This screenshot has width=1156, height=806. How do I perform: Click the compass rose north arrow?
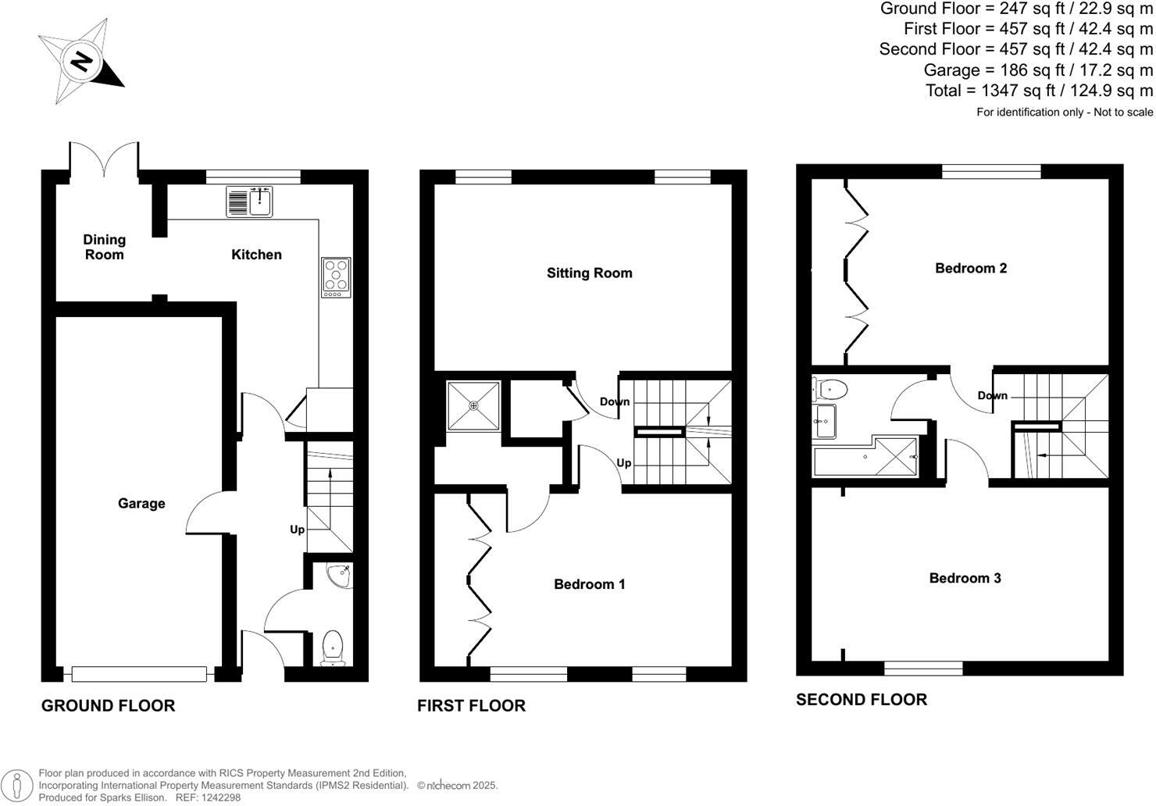pyautogui.click(x=81, y=60)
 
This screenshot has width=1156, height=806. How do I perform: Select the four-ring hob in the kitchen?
pyautogui.click(x=337, y=277)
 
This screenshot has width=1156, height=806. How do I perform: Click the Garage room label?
pyautogui.click(x=141, y=504)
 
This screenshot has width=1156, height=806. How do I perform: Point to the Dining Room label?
pyautogui.click(x=105, y=247)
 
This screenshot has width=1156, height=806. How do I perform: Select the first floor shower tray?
pyautogui.click(x=473, y=405)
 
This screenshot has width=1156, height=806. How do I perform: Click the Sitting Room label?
pyautogui.click(x=589, y=273)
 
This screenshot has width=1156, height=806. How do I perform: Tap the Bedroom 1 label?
pyautogui.click(x=589, y=584)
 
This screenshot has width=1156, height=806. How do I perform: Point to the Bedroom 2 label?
pyautogui.click(x=971, y=268)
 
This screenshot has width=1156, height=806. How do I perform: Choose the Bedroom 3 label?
pyautogui.click(x=965, y=578)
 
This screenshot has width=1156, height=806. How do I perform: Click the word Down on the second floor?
pyautogui.click(x=992, y=396)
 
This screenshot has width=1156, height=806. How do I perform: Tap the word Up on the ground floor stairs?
pyautogui.click(x=297, y=530)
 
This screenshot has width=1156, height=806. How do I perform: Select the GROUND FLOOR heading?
pyautogui.click(x=108, y=706)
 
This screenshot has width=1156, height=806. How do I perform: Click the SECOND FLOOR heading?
pyautogui.click(x=862, y=700)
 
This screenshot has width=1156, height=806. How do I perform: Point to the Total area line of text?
pyautogui.click(x=1039, y=91)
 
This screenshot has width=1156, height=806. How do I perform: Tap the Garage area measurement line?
pyautogui.click(x=1038, y=70)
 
